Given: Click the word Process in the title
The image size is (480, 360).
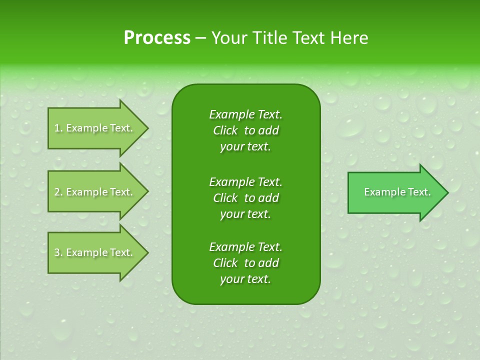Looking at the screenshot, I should (157, 38).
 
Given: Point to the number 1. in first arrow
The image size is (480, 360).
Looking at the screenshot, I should (58, 128).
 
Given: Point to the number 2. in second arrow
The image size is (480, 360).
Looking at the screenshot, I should (58, 192).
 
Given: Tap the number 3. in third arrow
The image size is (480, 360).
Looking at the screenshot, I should (58, 252).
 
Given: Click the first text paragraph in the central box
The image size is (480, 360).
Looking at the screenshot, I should (245, 130).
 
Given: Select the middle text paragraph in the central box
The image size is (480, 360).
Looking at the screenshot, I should (245, 197).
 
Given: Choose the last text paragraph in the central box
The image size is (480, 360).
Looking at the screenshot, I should (245, 263).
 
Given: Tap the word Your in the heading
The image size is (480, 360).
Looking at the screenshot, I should (228, 38).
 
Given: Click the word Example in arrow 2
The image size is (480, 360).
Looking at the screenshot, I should (87, 192).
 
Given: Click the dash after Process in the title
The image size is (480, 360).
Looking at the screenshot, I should (200, 38).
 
